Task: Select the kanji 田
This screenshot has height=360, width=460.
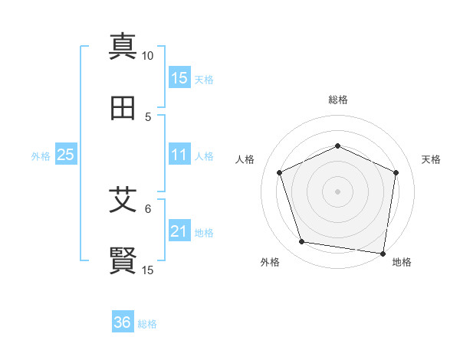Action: point(123,108)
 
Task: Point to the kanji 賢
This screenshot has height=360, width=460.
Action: point(123,260)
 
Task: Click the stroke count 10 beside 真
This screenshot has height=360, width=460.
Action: point(148,55)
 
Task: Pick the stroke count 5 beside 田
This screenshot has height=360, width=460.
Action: point(148,116)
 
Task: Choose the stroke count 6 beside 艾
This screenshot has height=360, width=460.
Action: point(148,208)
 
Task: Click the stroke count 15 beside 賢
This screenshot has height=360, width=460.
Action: point(148,270)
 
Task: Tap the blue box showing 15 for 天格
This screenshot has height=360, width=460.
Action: point(179,78)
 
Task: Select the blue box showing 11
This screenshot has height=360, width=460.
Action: point(179,155)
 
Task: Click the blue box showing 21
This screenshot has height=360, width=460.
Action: point(179,231)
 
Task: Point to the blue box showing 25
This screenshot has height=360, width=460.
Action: point(65,155)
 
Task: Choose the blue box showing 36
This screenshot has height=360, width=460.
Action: point(122,322)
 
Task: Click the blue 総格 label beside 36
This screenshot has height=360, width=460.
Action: point(147,323)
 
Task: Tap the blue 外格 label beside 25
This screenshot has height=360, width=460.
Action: point(41,155)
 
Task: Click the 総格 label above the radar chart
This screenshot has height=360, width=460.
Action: point(338,100)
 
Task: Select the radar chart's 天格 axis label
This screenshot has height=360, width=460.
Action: point(431,159)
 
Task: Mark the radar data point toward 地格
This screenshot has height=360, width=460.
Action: point(383,253)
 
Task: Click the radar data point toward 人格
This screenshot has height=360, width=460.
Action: point(280,172)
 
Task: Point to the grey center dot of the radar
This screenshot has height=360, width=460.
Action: point(337,191)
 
